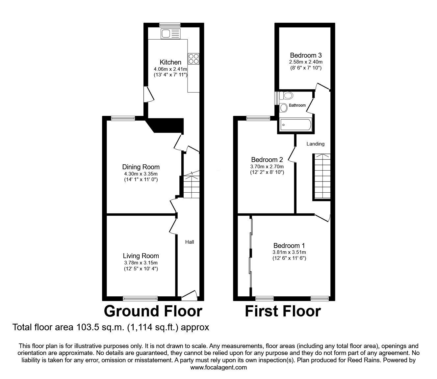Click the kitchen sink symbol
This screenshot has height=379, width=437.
(x=170, y=34)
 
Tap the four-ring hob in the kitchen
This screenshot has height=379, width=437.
(x=193, y=59)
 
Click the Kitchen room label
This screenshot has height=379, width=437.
(x=170, y=62)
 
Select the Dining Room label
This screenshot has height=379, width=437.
(x=141, y=167)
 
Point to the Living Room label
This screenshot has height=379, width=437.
(x=141, y=256)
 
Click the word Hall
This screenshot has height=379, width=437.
(x=190, y=242)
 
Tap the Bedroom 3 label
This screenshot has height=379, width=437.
(x=306, y=55)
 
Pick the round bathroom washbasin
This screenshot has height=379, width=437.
(x=284, y=107)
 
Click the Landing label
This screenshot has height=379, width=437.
(x=315, y=144)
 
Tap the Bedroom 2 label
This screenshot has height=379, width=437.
(x=267, y=160)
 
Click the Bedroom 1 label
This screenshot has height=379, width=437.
(x=289, y=246)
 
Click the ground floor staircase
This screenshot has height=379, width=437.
(x=192, y=186)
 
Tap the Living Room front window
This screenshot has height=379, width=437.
(x=141, y=299)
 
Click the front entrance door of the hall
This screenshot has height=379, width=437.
(x=189, y=295)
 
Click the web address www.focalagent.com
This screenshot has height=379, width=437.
(x=218, y=367)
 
